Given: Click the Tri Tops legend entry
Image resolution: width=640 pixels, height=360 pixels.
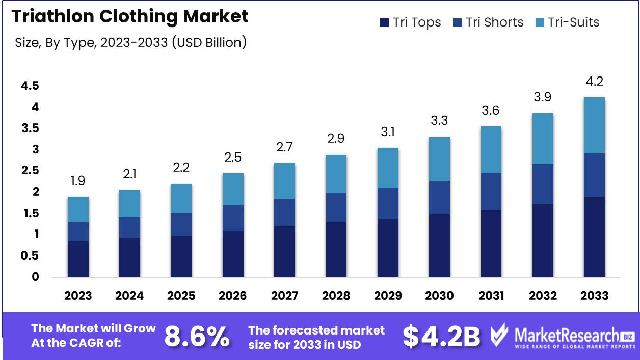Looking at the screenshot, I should point(410,22).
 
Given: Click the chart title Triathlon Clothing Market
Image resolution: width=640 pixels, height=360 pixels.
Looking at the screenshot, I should point(130,16).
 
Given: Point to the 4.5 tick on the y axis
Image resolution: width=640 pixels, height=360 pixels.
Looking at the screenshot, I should point(30,86).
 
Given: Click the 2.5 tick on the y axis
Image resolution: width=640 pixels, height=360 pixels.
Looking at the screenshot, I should point(30,170).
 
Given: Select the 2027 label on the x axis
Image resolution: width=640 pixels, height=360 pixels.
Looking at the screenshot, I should point(284,296).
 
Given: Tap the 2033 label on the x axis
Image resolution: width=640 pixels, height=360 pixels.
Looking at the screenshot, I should point(594,296).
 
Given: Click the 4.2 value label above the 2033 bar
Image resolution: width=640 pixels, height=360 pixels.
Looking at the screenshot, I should point(594,82).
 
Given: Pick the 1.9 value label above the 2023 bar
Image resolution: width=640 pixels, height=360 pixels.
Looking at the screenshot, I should point(78,181).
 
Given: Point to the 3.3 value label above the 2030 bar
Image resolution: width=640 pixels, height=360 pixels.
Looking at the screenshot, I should point(439,121).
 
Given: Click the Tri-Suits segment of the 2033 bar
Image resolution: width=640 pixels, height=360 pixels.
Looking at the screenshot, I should point(594,125).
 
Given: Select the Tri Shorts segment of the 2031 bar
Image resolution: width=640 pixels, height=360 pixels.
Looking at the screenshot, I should point(491,191).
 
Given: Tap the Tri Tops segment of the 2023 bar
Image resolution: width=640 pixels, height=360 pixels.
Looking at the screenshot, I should point(78,260).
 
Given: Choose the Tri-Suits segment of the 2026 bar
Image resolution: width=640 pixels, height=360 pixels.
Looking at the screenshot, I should point(233,189).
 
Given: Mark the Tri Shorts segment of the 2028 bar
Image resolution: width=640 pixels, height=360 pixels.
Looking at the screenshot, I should point(336,208).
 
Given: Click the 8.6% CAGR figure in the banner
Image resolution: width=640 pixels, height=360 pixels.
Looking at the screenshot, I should point(197,336).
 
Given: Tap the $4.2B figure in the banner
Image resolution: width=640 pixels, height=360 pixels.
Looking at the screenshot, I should point(441,336).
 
